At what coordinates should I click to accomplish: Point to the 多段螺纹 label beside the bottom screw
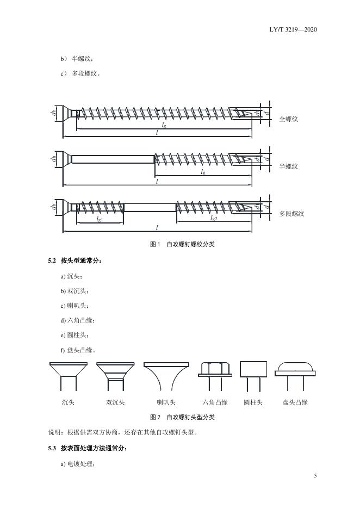pos(292,214)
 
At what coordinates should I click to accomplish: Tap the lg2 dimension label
pos(213,218)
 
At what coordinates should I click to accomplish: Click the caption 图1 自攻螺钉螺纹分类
pos(182,244)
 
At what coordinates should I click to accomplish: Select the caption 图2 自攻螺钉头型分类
pos(182,417)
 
